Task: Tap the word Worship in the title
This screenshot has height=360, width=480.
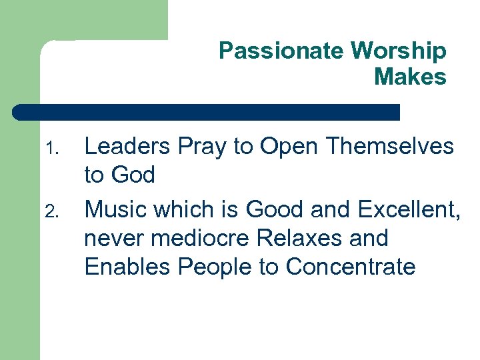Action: (x=399, y=51)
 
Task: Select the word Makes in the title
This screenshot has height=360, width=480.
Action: (x=410, y=77)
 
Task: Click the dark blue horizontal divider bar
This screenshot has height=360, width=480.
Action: (x=207, y=112)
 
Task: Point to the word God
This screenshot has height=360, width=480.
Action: (x=134, y=175)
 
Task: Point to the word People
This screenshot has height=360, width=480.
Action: (x=215, y=266)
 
